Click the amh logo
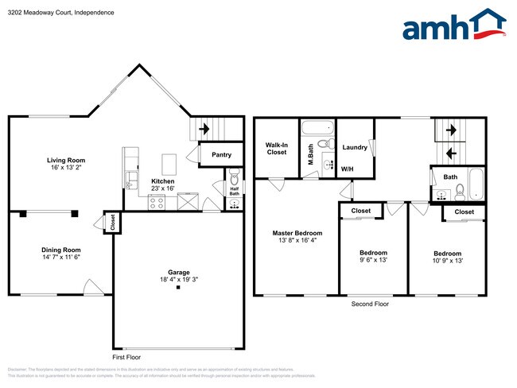click(x=454, y=26)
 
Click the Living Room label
click(x=65, y=161)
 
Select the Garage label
click(x=178, y=271)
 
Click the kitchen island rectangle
click(x=169, y=164)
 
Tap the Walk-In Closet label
click(x=276, y=148)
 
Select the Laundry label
click(x=354, y=148)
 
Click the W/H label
click(x=348, y=169)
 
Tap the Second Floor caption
click(x=370, y=304)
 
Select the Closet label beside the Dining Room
click(x=112, y=222)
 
